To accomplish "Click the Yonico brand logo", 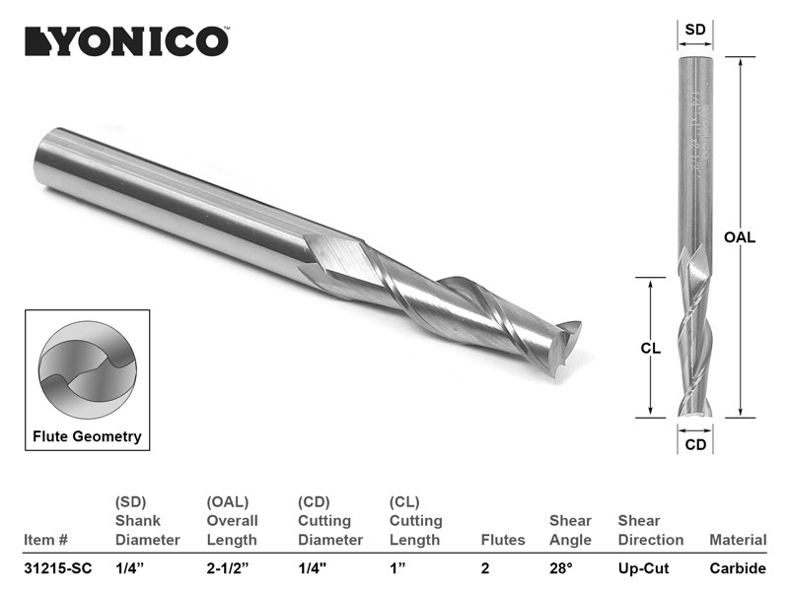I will pyautogui.click(x=126, y=40).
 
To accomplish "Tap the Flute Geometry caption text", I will pyautogui.click(x=87, y=436).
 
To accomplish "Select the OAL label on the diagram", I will pyautogui.click(x=739, y=237).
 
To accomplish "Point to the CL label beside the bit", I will pyautogui.click(x=650, y=348).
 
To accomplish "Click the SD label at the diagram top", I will pyautogui.click(x=695, y=30).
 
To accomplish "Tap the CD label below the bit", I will pyautogui.click(x=695, y=444).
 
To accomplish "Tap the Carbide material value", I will pyautogui.click(x=738, y=568).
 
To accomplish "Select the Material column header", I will pyautogui.click(x=738, y=540).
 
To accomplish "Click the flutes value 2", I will pyautogui.click(x=485, y=568).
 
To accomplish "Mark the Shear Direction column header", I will pyautogui.click(x=650, y=530).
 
